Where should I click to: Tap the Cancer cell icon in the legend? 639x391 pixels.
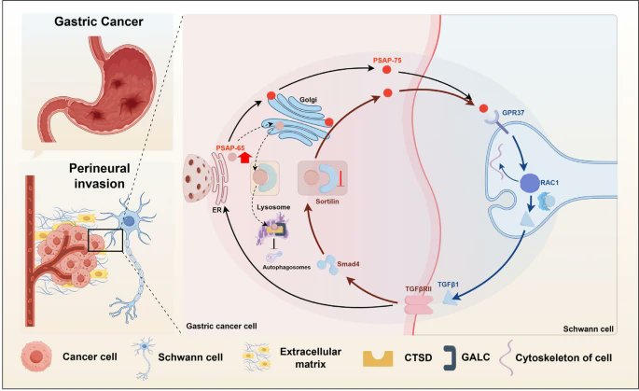37,358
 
